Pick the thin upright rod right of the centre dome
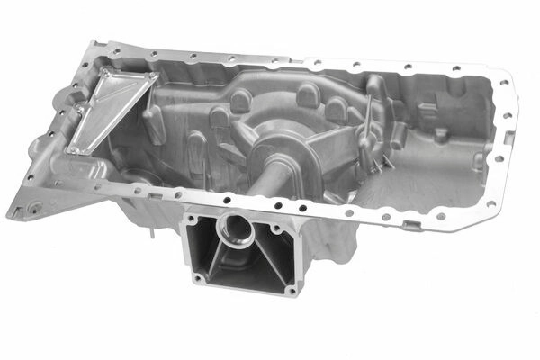click(366, 126)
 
